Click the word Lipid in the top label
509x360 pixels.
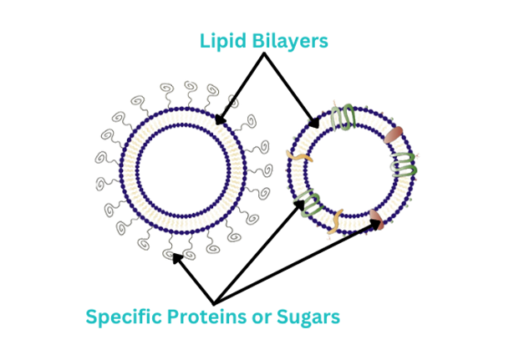pyautogui.click(x=223, y=41)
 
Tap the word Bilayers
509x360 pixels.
pyautogui.click(x=291, y=41)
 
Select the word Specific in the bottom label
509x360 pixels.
pyautogui.click(x=124, y=317)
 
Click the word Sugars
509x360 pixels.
pyautogui.click(x=308, y=317)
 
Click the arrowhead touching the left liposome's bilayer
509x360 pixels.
pyautogui.click(x=221, y=119)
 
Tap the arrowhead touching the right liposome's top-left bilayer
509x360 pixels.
pyautogui.click(x=314, y=123)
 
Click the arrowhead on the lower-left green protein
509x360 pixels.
pyautogui.click(x=299, y=205)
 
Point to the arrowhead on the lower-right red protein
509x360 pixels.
pyautogui.click(x=376, y=223)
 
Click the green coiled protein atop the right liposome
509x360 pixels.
pyautogui.click(x=344, y=117)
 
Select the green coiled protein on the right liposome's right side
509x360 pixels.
pyautogui.click(x=404, y=165)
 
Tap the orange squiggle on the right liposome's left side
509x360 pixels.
pyautogui.click(x=299, y=156)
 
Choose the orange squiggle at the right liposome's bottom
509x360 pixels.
pyautogui.click(x=335, y=221)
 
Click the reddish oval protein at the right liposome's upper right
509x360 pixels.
pyautogui.click(x=394, y=134)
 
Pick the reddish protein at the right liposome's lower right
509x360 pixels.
pyautogui.click(x=377, y=219)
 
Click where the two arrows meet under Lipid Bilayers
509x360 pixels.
pyautogui.click(x=264, y=53)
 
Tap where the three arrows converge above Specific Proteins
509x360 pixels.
pyautogui.click(x=214, y=303)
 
